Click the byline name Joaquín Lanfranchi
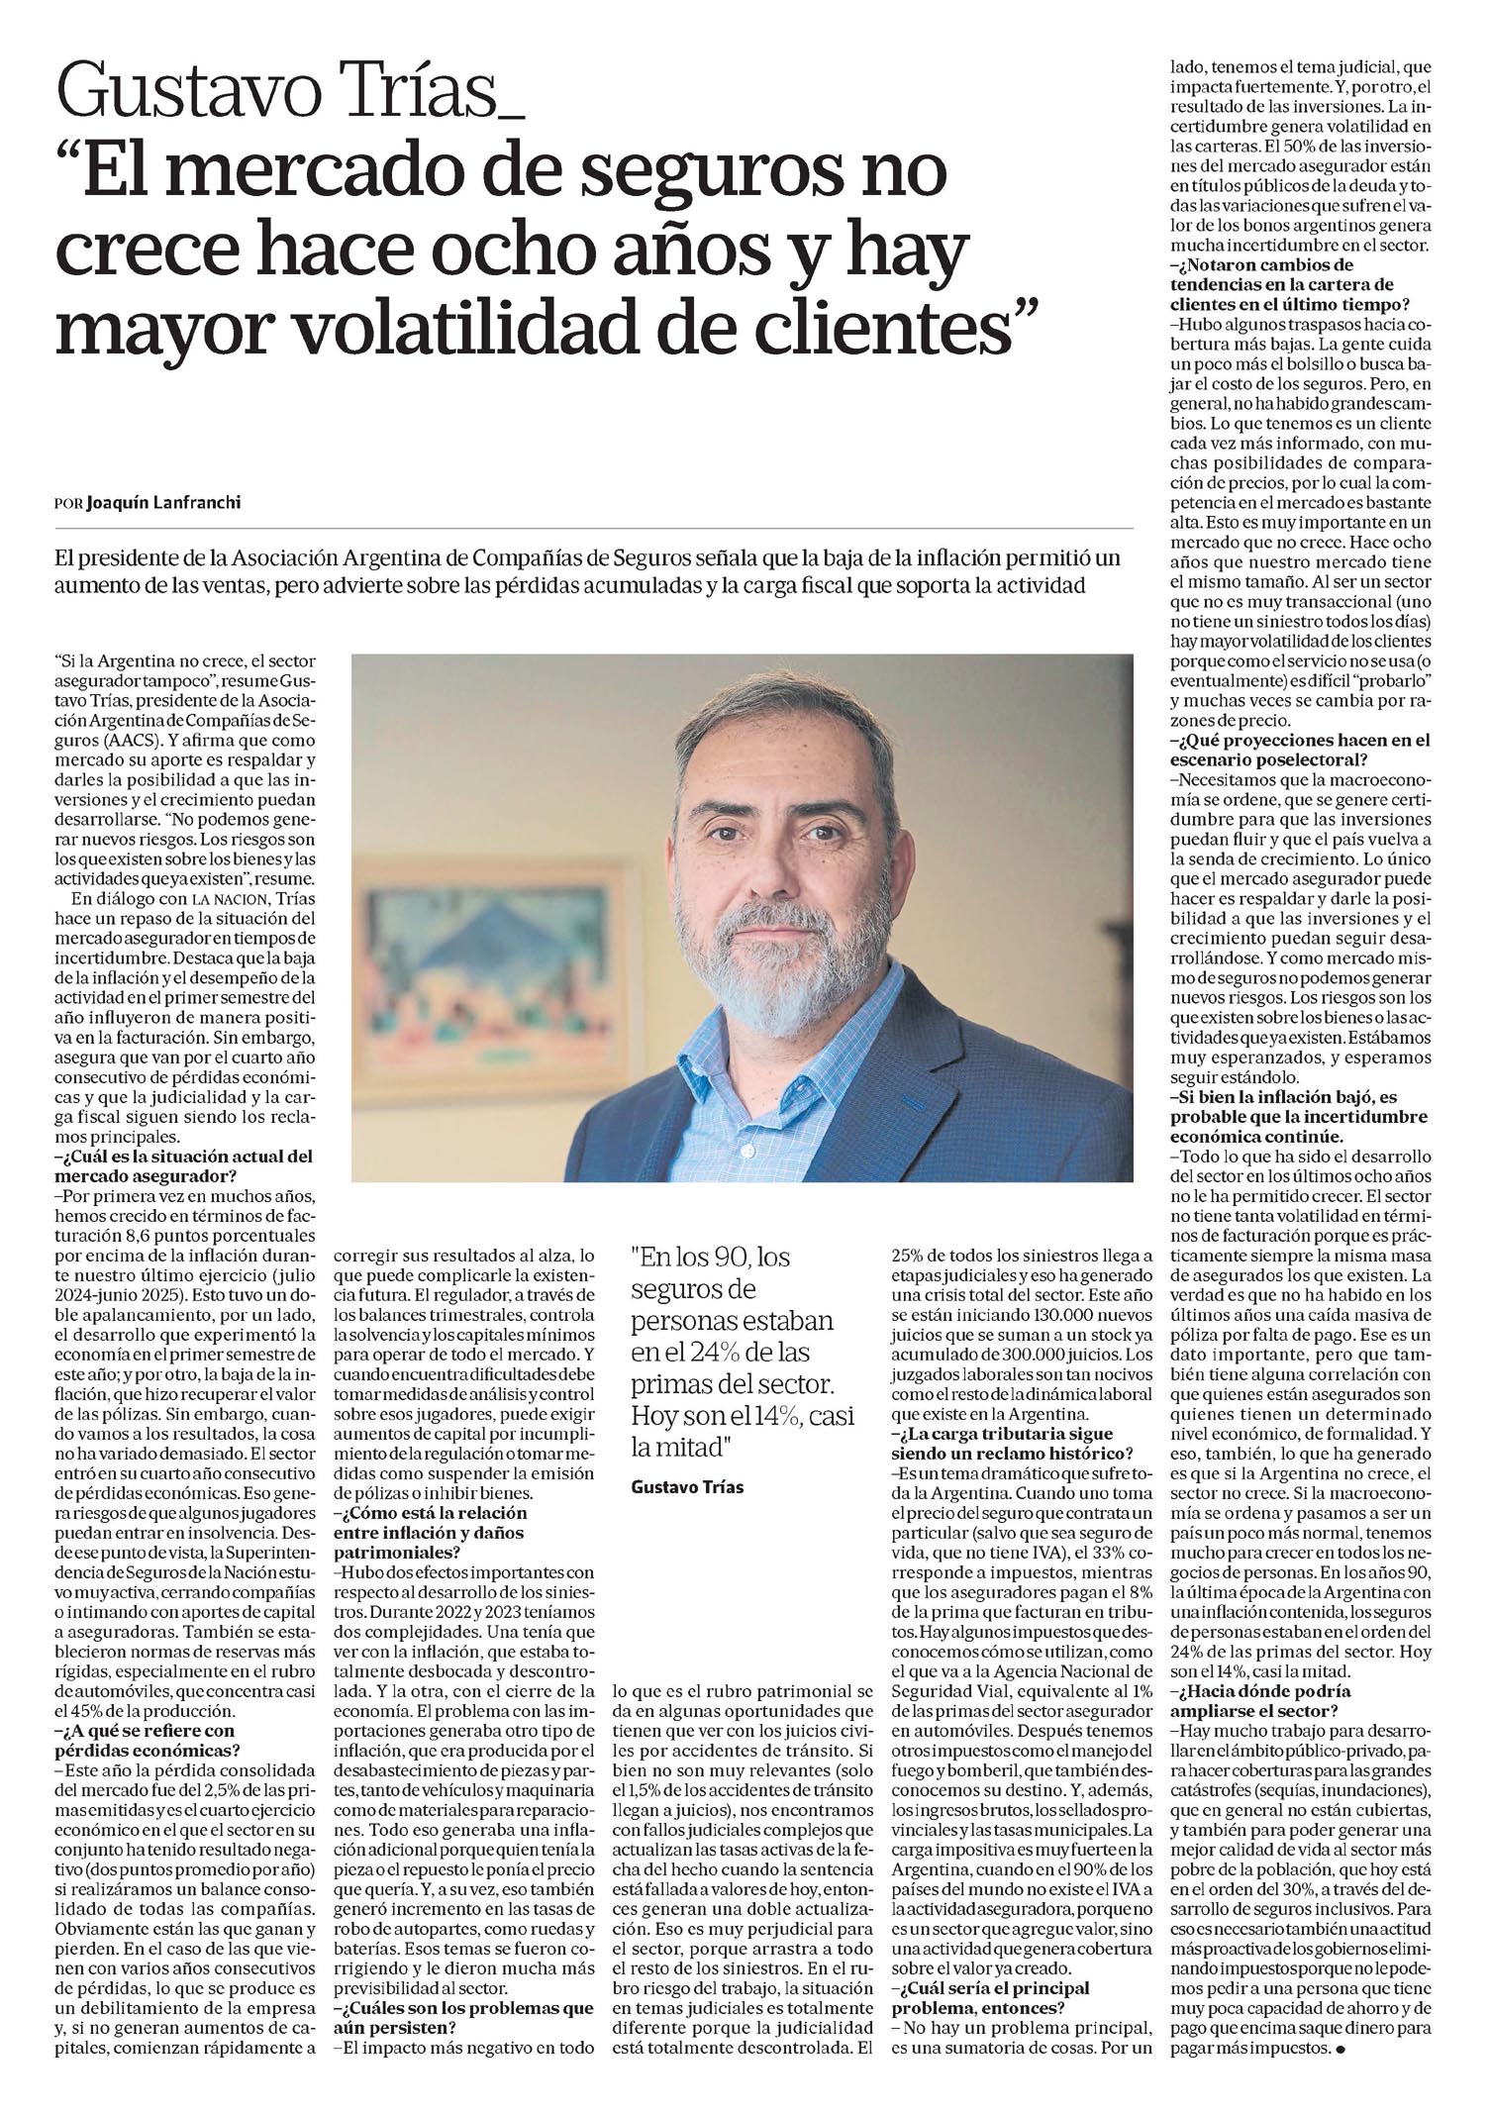[x=163, y=502]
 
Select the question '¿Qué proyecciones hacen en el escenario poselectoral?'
[x=1300, y=750]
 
